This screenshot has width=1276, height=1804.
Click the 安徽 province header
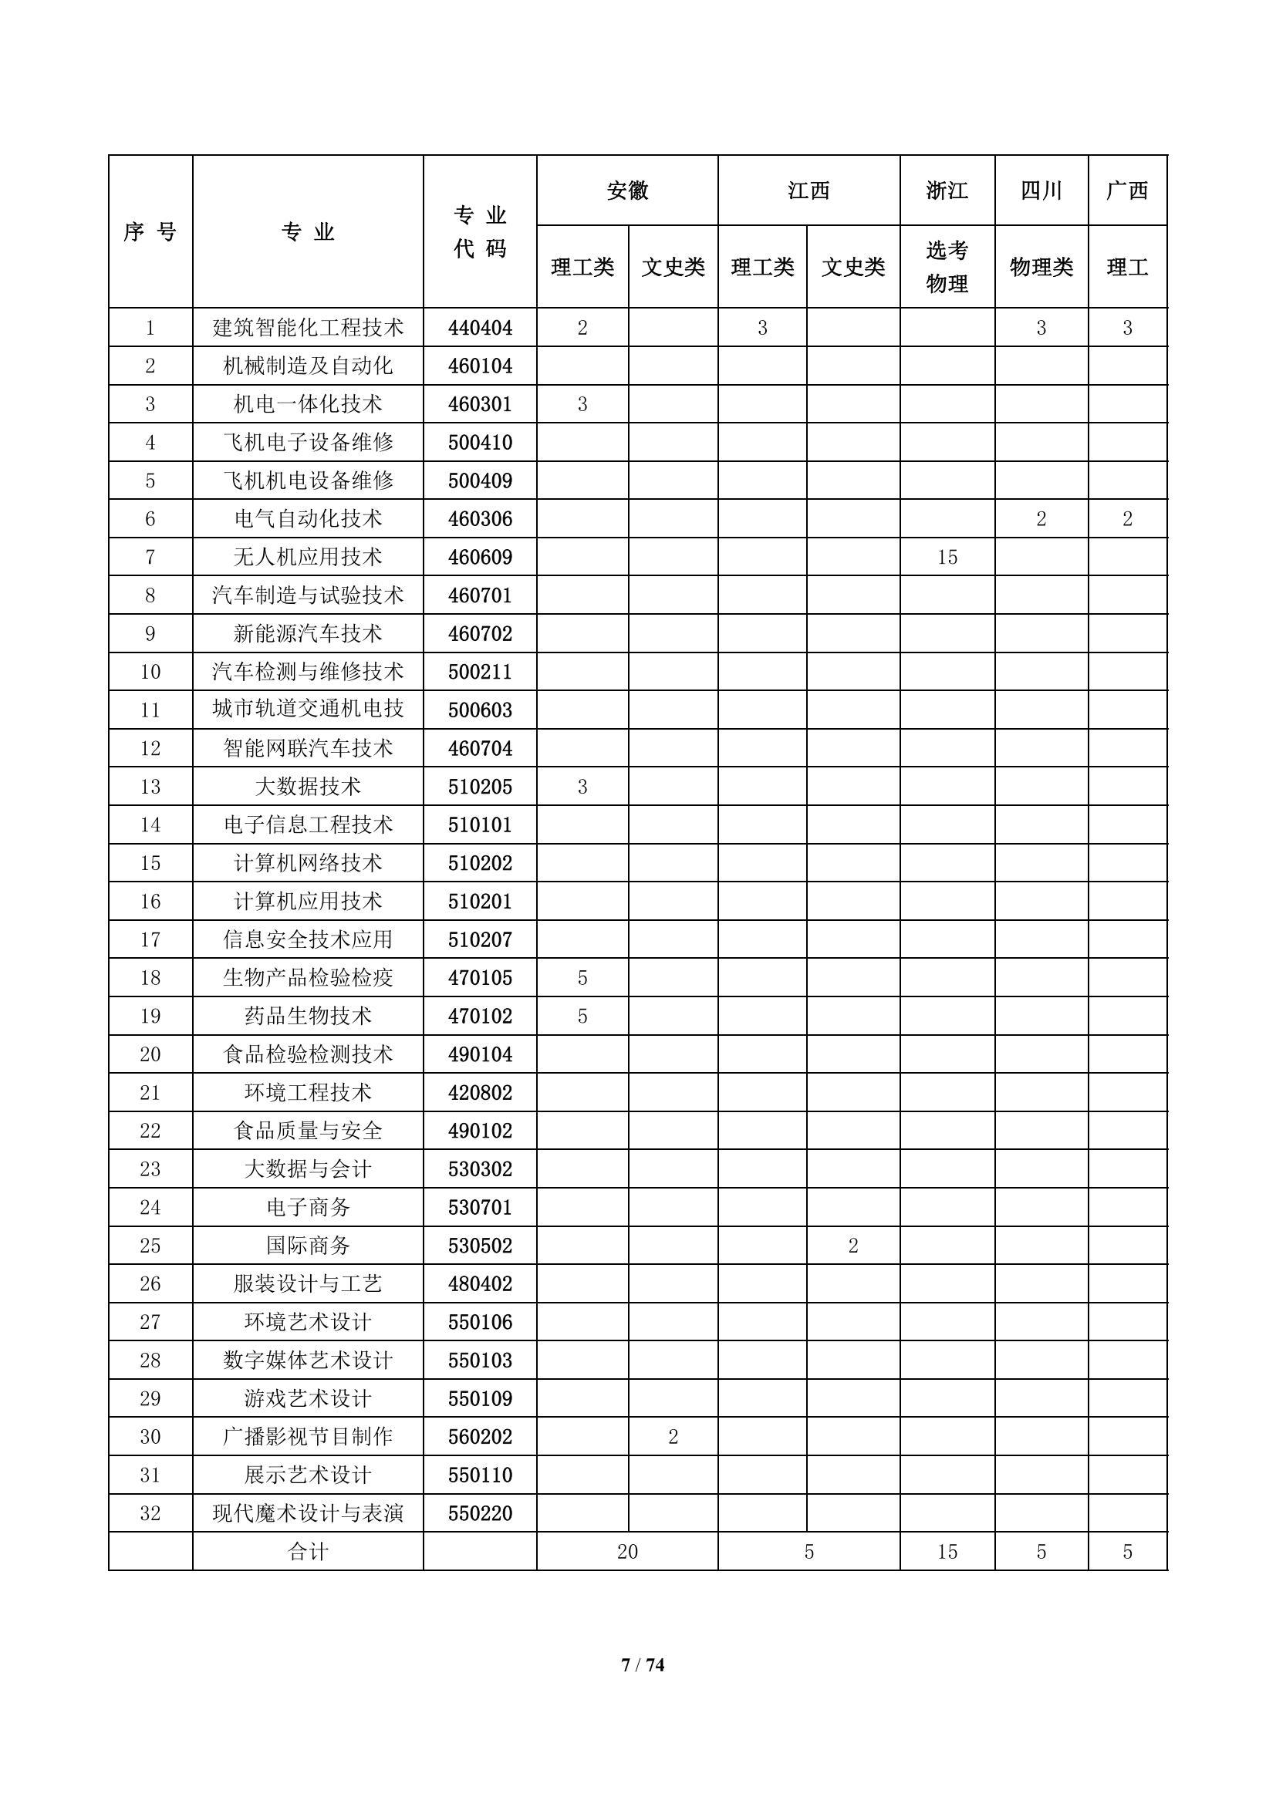click(x=627, y=191)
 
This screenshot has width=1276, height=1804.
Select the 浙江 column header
click(x=947, y=191)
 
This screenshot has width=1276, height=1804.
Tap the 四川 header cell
click(x=1041, y=191)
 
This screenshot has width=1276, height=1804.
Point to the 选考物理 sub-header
click(x=947, y=267)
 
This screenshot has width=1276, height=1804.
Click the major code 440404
click(x=480, y=328)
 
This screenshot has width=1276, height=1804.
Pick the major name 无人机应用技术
click(x=308, y=557)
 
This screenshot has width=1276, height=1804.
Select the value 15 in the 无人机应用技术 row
click(x=947, y=557)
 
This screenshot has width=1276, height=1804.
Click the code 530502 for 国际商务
click(x=480, y=1246)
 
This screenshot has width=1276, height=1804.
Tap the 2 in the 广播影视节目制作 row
click(x=673, y=1436)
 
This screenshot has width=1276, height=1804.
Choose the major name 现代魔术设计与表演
click(x=308, y=1513)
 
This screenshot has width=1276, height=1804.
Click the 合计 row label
click(x=308, y=1552)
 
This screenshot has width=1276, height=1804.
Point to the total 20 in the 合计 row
click(x=627, y=1552)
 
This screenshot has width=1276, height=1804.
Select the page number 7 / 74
click(x=643, y=1665)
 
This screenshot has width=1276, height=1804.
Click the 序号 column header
click(x=150, y=232)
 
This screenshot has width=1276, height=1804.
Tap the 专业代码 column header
click(x=480, y=232)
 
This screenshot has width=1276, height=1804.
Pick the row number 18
click(x=150, y=977)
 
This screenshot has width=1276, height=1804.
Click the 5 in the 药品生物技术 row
click(x=582, y=1016)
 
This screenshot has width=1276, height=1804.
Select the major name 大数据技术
click(x=308, y=787)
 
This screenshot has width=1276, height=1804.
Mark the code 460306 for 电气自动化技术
click(x=480, y=518)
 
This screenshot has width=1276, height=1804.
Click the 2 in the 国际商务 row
click(x=853, y=1246)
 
